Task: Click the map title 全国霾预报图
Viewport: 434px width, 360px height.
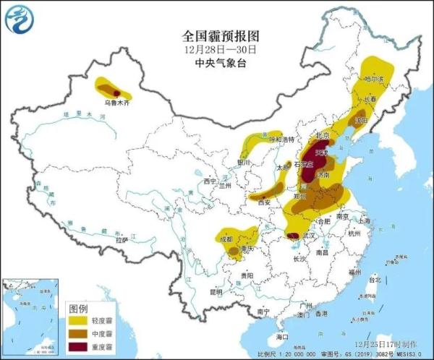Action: (217, 35)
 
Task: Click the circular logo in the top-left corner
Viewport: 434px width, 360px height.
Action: (20, 20)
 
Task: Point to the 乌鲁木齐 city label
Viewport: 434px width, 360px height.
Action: (116, 103)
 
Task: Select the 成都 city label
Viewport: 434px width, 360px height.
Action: (225, 238)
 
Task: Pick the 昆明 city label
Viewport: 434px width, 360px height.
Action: (216, 292)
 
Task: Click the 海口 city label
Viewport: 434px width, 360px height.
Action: (282, 336)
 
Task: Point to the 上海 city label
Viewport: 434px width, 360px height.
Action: (363, 220)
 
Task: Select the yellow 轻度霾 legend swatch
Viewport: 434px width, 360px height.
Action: (77, 319)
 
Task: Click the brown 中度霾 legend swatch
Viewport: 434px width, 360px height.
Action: (77, 331)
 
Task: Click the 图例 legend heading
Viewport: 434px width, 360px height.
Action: (77, 307)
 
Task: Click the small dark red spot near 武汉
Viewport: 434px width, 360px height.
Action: (293, 236)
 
